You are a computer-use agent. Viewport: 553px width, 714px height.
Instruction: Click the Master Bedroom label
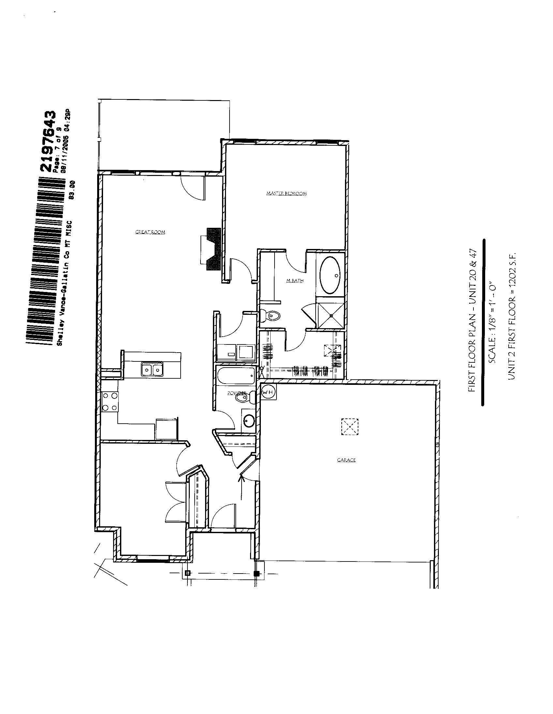[287, 194]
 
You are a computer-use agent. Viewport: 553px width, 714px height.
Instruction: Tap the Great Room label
[150, 232]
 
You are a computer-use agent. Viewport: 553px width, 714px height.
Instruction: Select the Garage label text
[346, 460]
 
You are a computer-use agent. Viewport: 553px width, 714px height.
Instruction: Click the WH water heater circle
[268, 392]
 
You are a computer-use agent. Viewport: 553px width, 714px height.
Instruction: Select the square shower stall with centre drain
[331, 315]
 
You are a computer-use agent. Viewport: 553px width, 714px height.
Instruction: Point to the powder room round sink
[250, 420]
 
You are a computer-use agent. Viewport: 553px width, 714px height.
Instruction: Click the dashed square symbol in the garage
[350, 427]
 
